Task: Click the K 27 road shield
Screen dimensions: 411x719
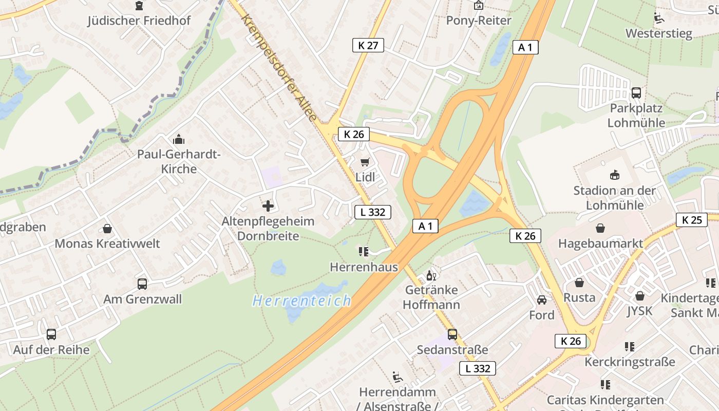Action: [x=368, y=45]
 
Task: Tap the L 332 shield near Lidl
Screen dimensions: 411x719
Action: [x=373, y=212]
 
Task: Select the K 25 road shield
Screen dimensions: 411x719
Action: [x=691, y=220]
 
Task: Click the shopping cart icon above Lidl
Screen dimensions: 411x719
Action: [x=365, y=162]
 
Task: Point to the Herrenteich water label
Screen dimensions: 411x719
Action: [x=302, y=301]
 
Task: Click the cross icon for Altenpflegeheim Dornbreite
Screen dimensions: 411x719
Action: [x=268, y=206]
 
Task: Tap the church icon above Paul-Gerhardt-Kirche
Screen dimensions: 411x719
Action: [x=178, y=139]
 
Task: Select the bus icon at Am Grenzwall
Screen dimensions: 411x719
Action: [x=142, y=284]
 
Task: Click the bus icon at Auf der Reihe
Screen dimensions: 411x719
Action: [x=51, y=334]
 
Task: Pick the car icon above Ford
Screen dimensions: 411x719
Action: [x=542, y=300]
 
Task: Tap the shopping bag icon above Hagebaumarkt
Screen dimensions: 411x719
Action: [x=600, y=228]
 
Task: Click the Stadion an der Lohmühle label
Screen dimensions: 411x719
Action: [x=614, y=198]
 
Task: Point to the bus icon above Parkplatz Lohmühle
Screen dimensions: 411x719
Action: [x=636, y=93]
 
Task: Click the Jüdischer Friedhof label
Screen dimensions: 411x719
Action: [x=139, y=21]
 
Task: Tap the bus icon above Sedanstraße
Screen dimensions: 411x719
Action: [x=452, y=334]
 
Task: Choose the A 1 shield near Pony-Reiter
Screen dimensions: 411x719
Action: [x=525, y=47]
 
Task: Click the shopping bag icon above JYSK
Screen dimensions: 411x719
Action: [x=639, y=296]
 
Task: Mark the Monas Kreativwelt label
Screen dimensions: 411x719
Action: [x=107, y=244]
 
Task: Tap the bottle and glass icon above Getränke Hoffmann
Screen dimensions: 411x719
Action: [x=431, y=276]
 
